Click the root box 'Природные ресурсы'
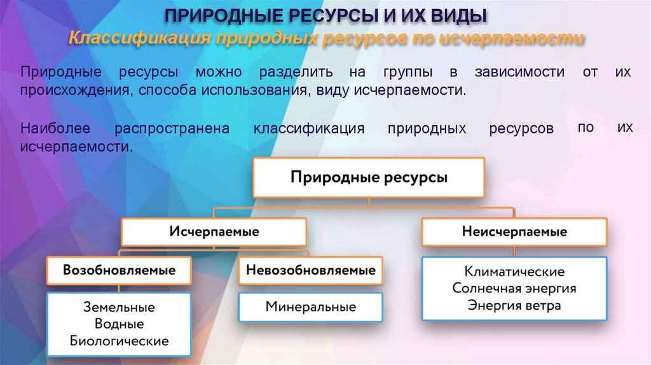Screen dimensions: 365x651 point(369,177)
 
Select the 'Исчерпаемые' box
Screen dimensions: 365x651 point(214,232)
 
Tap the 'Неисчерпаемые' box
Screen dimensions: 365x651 point(514,232)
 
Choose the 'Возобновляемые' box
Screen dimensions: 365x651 point(119,270)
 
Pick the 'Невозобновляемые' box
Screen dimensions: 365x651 point(310,270)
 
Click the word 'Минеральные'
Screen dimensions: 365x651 point(310,307)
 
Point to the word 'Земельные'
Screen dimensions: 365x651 point(119,307)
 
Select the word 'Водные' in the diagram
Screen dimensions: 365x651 point(119,324)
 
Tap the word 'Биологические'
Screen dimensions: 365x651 point(119,341)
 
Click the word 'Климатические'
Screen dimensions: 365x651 point(514,272)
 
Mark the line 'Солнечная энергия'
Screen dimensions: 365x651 point(514,288)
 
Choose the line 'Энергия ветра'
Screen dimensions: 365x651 point(514,305)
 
